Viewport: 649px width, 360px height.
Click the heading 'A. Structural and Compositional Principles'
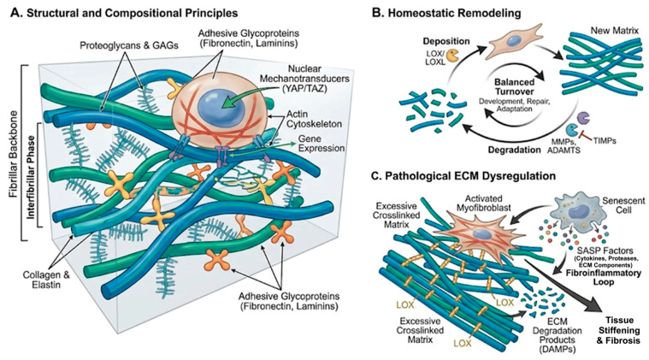click(124, 13)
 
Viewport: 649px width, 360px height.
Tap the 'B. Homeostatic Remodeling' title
click(446, 13)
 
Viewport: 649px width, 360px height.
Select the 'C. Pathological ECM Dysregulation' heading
click(463, 176)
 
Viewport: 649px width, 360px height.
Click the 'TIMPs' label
click(604, 141)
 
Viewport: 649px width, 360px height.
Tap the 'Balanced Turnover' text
click(514, 87)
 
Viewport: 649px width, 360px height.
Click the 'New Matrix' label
click(614, 30)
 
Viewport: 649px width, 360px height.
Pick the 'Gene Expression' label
click(321, 143)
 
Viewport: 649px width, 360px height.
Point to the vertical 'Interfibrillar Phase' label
click(31, 175)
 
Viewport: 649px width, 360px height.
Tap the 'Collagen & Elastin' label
click(46, 280)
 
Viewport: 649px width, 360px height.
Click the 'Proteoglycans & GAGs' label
click(129, 45)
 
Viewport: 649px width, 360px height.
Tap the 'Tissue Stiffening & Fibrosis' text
click(619, 330)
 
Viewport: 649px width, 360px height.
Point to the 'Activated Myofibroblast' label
click(483, 203)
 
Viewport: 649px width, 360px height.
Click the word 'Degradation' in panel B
click(515, 150)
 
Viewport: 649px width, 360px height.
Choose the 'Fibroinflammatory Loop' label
click(604, 277)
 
